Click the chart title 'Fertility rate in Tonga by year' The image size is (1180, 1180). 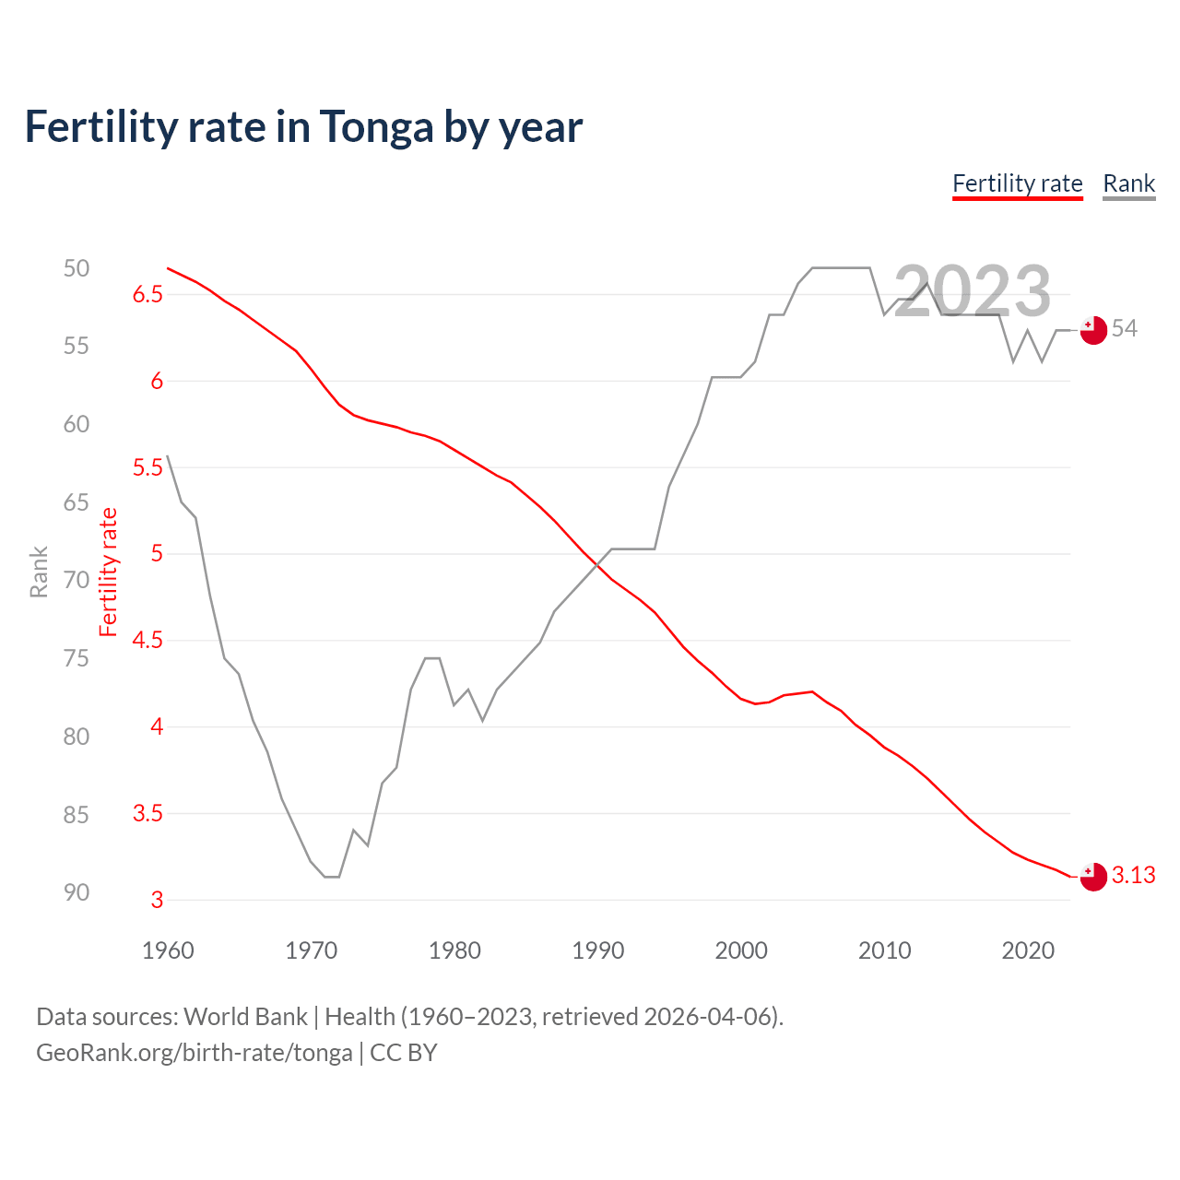pos(303,127)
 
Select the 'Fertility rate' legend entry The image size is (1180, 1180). pos(1017,183)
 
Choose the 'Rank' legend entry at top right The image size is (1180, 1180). pos(1128,183)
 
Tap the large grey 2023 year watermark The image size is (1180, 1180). pos(973,291)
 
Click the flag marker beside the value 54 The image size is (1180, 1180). pos(1093,329)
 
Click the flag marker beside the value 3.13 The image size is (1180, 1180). pos(1093,877)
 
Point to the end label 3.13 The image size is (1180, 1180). pos(1133,876)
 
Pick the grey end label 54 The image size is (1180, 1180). pos(1125,329)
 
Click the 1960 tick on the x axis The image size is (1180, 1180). pos(168,950)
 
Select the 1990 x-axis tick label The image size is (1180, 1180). pos(597,950)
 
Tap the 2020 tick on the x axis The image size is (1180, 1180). pos(1028,950)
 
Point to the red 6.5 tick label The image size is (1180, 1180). pos(147,295)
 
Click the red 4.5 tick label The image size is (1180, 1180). pos(147,641)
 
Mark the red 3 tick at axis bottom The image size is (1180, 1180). pos(157,901)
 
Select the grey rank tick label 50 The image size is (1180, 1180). pos(77,268)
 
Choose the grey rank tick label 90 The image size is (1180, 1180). pos(77,892)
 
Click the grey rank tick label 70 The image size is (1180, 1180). pos(77,581)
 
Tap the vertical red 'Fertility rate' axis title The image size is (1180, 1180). pos(109,572)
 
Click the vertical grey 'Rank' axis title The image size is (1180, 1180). pos(39,572)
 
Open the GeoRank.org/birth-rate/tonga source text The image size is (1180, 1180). pos(195,1053)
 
